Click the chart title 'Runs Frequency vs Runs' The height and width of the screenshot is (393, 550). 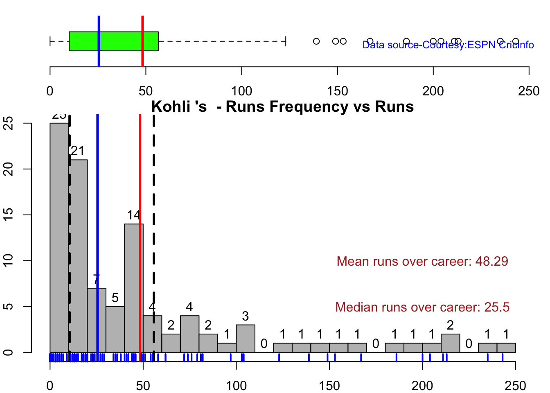click(x=282, y=107)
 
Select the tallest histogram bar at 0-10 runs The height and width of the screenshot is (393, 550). click(x=59, y=237)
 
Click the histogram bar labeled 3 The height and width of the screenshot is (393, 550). click(x=246, y=339)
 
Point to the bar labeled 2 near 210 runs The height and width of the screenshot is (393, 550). click(x=450, y=343)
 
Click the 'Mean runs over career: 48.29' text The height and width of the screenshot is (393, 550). click(x=422, y=261)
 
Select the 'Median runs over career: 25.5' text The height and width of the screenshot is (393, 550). click(x=422, y=307)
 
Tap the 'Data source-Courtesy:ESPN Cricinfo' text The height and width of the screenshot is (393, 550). click(x=448, y=45)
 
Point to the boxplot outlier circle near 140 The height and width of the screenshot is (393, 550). click(x=316, y=41)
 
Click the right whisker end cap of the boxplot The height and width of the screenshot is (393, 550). click(x=286, y=41)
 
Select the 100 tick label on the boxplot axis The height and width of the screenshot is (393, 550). click(x=241, y=91)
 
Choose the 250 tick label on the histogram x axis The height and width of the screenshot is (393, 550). click(x=516, y=386)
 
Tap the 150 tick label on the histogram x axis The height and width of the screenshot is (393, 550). click(x=329, y=386)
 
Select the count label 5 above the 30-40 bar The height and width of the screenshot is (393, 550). click(x=115, y=298)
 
